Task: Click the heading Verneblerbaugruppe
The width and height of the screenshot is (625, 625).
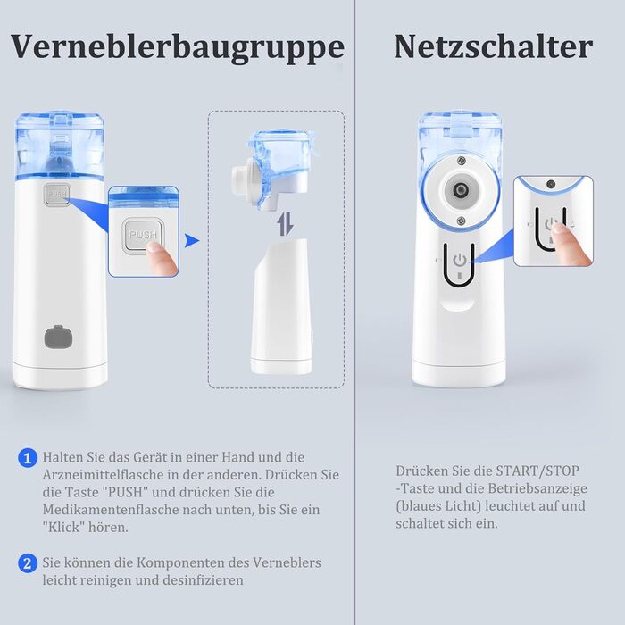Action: [x=178, y=48]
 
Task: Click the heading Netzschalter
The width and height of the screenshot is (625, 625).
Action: [x=494, y=46]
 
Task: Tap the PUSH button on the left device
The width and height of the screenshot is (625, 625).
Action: [x=58, y=195]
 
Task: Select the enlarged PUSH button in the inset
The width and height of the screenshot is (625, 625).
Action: [x=142, y=235]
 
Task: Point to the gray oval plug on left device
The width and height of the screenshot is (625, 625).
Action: [x=58, y=337]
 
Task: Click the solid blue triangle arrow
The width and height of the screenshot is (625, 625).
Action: [x=191, y=241]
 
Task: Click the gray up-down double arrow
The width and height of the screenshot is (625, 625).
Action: [x=286, y=224]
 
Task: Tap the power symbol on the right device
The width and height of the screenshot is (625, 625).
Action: [x=460, y=261]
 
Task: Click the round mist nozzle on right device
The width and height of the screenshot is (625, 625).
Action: [x=461, y=189]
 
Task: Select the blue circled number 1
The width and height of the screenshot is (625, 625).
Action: [x=28, y=458]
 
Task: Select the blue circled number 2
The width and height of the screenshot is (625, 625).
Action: [x=28, y=563]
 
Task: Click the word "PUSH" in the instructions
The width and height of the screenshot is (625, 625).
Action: [x=126, y=492]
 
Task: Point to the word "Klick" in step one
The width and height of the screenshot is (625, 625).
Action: [x=63, y=528]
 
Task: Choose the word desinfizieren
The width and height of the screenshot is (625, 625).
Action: [x=204, y=580]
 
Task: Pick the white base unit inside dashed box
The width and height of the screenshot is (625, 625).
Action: [x=281, y=307]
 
